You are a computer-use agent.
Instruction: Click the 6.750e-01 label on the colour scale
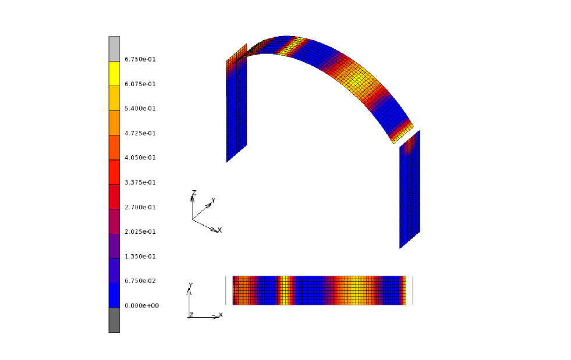click(140, 59)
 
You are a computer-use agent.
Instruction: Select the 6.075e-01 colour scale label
click(140, 84)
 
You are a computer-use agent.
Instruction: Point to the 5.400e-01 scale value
click(140, 109)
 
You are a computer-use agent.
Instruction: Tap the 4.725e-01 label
click(140, 133)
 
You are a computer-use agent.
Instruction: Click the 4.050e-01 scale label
click(140, 158)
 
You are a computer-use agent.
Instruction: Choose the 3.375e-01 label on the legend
click(140, 183)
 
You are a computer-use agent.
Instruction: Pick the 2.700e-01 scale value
click(140, 207)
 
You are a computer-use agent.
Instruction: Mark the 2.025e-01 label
click(140, 231)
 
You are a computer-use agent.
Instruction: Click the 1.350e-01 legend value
click(140, 256)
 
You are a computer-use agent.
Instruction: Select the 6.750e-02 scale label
click(140, 281)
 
